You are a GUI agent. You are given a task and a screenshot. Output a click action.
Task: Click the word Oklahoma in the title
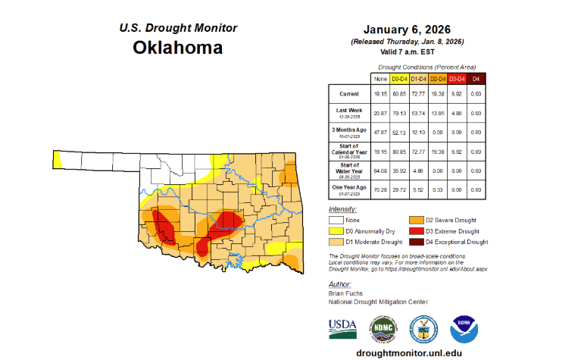[x=178, y=48]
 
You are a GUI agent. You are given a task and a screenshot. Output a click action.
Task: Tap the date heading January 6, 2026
[x=408, y=28]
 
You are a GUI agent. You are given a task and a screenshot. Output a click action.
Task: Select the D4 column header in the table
[x=475, y=79]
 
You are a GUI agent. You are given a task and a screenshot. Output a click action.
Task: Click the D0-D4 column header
[x=398, y=79]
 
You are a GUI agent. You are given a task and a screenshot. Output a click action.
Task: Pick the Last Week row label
[x=349, y=112]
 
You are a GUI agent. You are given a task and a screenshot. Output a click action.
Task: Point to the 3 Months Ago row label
[x=349, y=132]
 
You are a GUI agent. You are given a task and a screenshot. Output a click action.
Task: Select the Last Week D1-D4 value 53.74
[x=417, y=112]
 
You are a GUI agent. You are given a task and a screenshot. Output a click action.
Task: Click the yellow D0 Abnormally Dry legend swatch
[x=336, y=230]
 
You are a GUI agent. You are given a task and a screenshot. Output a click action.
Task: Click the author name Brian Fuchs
[x=346, y=292]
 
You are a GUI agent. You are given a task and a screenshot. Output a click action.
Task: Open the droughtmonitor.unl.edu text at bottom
[x=404, y=352]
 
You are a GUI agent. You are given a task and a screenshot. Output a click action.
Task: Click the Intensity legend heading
[x=342, y=208]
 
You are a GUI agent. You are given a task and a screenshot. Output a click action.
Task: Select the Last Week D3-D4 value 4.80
[x=456, y=112]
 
